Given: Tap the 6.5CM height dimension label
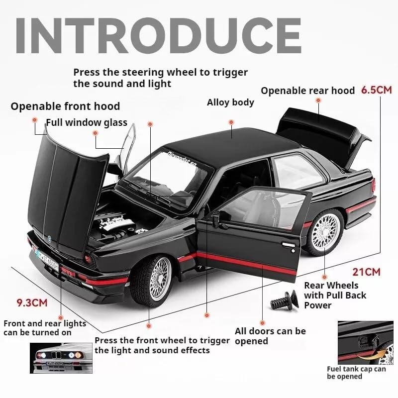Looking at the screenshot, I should pos(377,90).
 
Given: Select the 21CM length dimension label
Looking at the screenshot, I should pos(366,272).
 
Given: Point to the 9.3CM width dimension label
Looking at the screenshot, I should pos(32,302).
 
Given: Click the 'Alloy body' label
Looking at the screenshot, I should pos(230,102).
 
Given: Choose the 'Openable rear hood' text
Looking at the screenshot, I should pos(307,91).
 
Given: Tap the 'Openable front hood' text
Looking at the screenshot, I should pos(65,106).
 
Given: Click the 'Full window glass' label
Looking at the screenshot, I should pos(87,122).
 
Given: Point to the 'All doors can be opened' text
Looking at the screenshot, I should pos(270,336).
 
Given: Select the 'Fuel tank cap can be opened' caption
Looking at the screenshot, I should pos(356,373).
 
